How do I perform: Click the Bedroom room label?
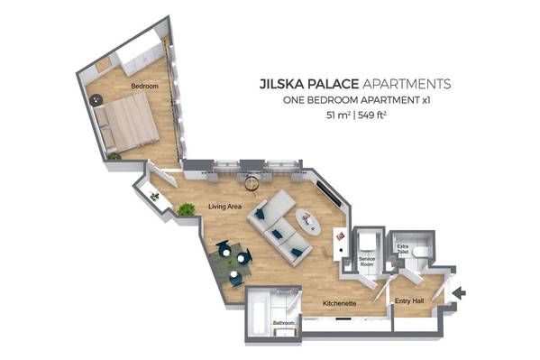[x=144, y=86]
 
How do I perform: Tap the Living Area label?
[x=224, y=207]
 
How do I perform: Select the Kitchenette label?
[x=339, y=303]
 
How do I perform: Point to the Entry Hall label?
[x=409, y=301]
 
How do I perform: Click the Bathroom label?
[x=284, y=323]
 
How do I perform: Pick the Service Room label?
[x=366, y=262]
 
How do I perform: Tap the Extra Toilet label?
[x=403, y=249]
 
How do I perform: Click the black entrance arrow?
[x=459, y=293]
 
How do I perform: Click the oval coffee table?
[x=308, y=223]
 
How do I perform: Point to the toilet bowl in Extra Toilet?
[x=420, y=252]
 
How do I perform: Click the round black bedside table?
[x=96, y=100]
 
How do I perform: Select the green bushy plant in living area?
[x=186, y=209]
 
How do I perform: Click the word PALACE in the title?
[x=333, y=84]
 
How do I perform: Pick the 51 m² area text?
[x=339, y=115]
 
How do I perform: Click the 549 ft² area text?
[x=371, y=115]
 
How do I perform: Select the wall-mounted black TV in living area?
[x=329, y=194]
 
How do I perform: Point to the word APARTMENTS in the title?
[x=407, y=84]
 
